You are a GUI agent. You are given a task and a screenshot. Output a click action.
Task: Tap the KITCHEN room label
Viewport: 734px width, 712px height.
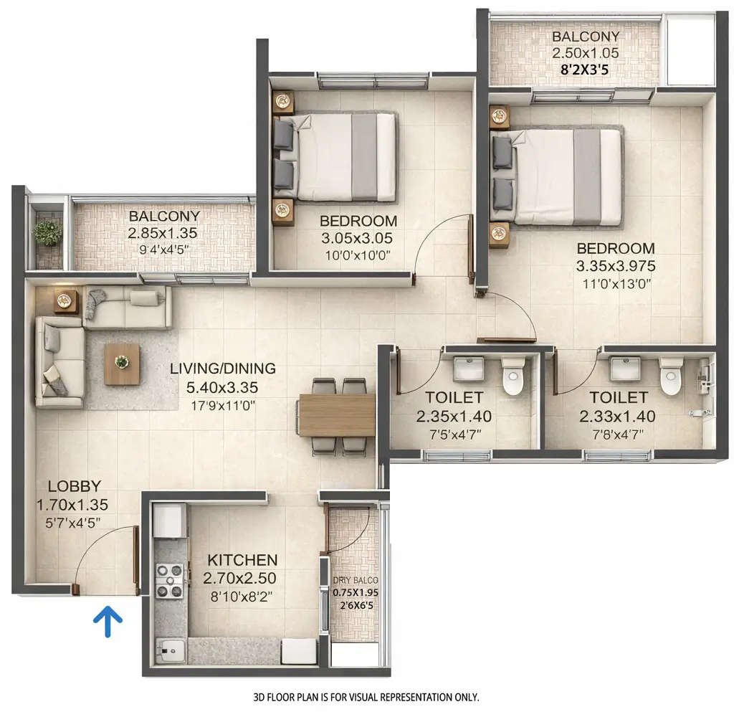(242, 560)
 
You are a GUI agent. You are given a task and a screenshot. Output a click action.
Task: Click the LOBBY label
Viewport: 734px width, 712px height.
(70, 486)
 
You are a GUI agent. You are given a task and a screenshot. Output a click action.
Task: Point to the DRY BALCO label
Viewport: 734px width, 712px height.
(355, 581)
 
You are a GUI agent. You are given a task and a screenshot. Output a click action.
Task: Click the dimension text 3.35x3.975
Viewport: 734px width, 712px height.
(616, 266)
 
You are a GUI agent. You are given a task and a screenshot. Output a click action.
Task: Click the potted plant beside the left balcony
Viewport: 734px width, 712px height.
(48, 232)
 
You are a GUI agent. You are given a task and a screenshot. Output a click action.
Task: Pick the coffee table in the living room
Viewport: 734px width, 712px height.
(122, 363)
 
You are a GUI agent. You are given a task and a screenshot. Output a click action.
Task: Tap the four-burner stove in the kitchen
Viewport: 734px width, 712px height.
(171, 581)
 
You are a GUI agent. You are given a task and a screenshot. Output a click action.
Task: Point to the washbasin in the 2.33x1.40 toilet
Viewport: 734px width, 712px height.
(621, 370)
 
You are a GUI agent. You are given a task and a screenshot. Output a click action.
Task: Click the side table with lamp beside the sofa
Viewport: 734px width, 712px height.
(67, 301)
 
